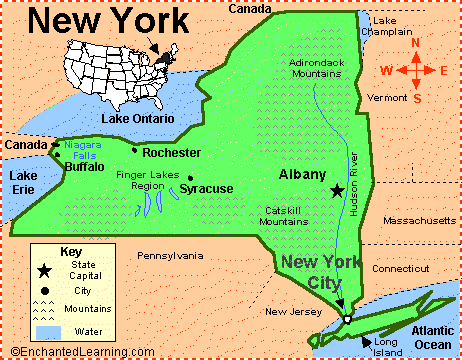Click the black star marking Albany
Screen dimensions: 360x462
337,190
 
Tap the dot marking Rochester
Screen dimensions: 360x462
135,151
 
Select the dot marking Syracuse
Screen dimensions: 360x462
189,178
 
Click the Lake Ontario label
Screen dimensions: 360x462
137,118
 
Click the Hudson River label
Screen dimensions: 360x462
354,184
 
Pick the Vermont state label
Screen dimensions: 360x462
386,98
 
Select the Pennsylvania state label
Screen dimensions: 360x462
170,256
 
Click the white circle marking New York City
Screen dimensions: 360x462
346,320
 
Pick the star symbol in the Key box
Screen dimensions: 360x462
45,270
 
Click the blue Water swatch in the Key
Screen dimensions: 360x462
48,331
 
